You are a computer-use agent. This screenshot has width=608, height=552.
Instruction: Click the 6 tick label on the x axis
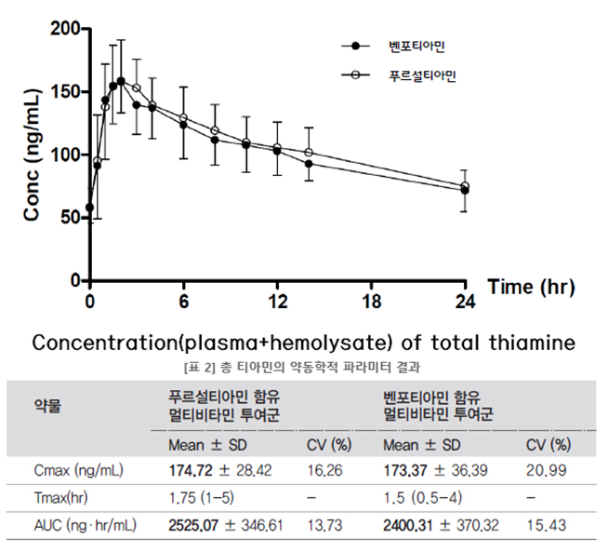click(x=184, y=301)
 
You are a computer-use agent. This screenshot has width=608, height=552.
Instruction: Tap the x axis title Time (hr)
click(x=531, y=287)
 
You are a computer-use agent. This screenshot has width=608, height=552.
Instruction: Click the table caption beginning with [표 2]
click(x=303, y=364)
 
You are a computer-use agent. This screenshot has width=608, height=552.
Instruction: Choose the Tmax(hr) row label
click(x=65, y=499)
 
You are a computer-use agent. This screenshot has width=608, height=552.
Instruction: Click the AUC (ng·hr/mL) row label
click(x=86, y=526)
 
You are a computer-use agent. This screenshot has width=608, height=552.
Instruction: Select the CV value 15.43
click(x=546, y=526)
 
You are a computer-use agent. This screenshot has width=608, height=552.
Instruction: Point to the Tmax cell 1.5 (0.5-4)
click(x=424, y=499)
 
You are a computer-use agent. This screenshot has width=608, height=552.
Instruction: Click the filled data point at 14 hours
click(x=309, y=164)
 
